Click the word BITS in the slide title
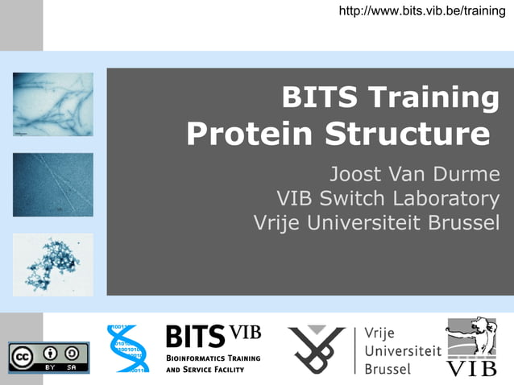(320, 98)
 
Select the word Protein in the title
(250, 134)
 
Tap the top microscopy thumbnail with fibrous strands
(52, 104)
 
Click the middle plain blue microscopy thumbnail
(52, 184)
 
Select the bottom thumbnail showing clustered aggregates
(52, 264)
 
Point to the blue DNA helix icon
(129, 348)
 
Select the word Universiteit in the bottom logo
(402, 350)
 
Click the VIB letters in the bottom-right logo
(472, 368)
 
